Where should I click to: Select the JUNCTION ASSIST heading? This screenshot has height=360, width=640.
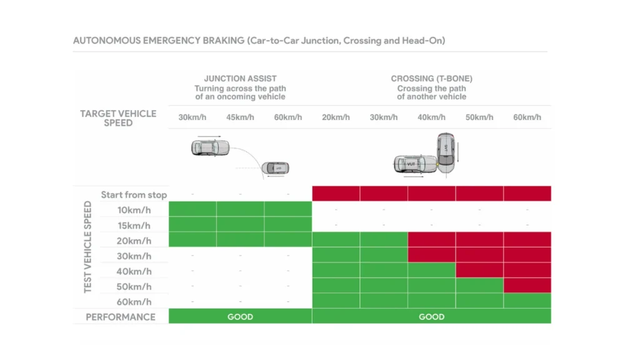point(240,79)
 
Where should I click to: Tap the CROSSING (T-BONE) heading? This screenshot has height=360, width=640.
point(431,79)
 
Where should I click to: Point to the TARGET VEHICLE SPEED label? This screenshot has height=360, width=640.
point(118,118)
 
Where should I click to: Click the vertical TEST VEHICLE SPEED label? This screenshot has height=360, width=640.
point(88,247)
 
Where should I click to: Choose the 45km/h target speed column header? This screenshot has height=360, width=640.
point(240,117)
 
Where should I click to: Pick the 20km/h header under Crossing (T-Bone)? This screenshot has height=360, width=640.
point(336,117)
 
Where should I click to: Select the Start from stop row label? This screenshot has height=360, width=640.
point(134,195)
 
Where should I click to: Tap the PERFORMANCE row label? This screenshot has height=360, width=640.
point(121,317)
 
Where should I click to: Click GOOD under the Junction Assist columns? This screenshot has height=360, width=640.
point(240,317)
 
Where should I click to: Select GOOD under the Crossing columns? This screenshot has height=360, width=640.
point(431,317)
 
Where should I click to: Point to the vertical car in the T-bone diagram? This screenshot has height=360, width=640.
point(446,152)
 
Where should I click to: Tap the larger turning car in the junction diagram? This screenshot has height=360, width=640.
point(210,148)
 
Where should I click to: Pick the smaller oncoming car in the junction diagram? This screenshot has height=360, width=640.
point(275,168)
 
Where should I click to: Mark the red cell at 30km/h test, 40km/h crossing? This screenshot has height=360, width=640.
point(431,256)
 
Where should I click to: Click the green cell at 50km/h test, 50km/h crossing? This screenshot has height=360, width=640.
point(479,286)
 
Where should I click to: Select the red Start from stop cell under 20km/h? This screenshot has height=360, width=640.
point(336,194)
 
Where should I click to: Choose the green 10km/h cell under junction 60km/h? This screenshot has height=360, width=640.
point(287,209)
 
